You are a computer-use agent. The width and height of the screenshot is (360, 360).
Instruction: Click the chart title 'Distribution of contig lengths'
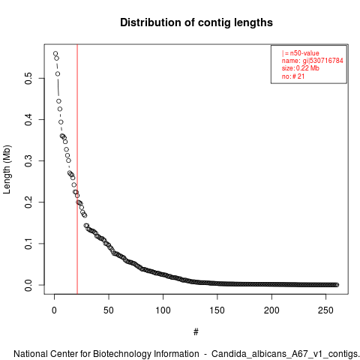tap(196, 22)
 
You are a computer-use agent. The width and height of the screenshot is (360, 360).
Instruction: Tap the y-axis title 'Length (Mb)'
tap(7, 169)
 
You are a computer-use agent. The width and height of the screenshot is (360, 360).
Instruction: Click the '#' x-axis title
tap(196, 332)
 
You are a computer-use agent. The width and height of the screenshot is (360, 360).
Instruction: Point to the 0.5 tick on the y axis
tap(28, 78)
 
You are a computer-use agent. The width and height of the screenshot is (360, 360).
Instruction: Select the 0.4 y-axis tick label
tap(28, 119)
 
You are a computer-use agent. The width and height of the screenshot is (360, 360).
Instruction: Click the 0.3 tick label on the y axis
tap(28, 160)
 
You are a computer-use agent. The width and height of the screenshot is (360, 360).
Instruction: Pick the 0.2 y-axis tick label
tap(28, 202)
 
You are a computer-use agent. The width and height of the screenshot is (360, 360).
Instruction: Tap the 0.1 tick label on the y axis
tap(28, 244)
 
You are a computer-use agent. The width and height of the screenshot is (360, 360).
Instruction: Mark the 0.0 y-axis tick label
tap(28, 285)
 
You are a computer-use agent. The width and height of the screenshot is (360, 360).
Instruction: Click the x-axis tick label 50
tap(109, 310)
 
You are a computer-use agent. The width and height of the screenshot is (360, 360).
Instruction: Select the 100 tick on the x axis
tap(163, 310)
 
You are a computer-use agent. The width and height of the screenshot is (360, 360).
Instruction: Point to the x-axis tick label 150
tap(217, 310)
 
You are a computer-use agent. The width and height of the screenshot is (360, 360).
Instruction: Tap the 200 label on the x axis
tap(271, 310)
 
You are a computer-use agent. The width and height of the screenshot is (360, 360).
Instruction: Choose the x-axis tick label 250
tap(325, 310)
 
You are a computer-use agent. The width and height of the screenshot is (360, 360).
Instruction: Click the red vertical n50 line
tap(77, 169)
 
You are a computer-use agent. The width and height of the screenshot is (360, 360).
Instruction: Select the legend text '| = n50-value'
tap(300, 53)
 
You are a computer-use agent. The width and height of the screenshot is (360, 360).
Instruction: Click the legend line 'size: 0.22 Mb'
tap(301, 68)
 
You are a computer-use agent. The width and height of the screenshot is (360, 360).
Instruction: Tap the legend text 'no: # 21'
tap(293, 76)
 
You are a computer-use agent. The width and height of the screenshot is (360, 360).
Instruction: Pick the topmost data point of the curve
tap(55, 53)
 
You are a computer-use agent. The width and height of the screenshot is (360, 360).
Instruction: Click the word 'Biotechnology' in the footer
tap(122, 354)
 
